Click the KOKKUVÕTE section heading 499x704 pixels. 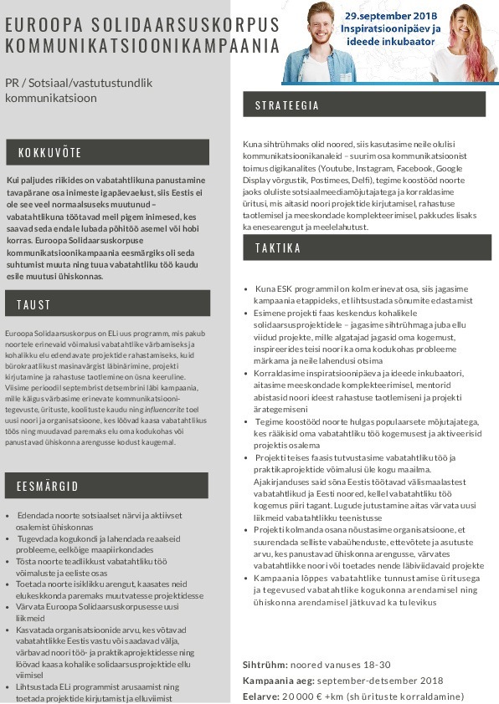click(x=50, y=153)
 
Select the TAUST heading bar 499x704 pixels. click(x=33, y=304)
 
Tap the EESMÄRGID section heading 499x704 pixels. click(x=48, y=486)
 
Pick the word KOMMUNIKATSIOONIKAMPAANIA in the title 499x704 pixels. click(x=141, y=45)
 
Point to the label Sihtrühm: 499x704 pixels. click(x=265, y=665)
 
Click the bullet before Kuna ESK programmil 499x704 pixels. click(x=245, y=289)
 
